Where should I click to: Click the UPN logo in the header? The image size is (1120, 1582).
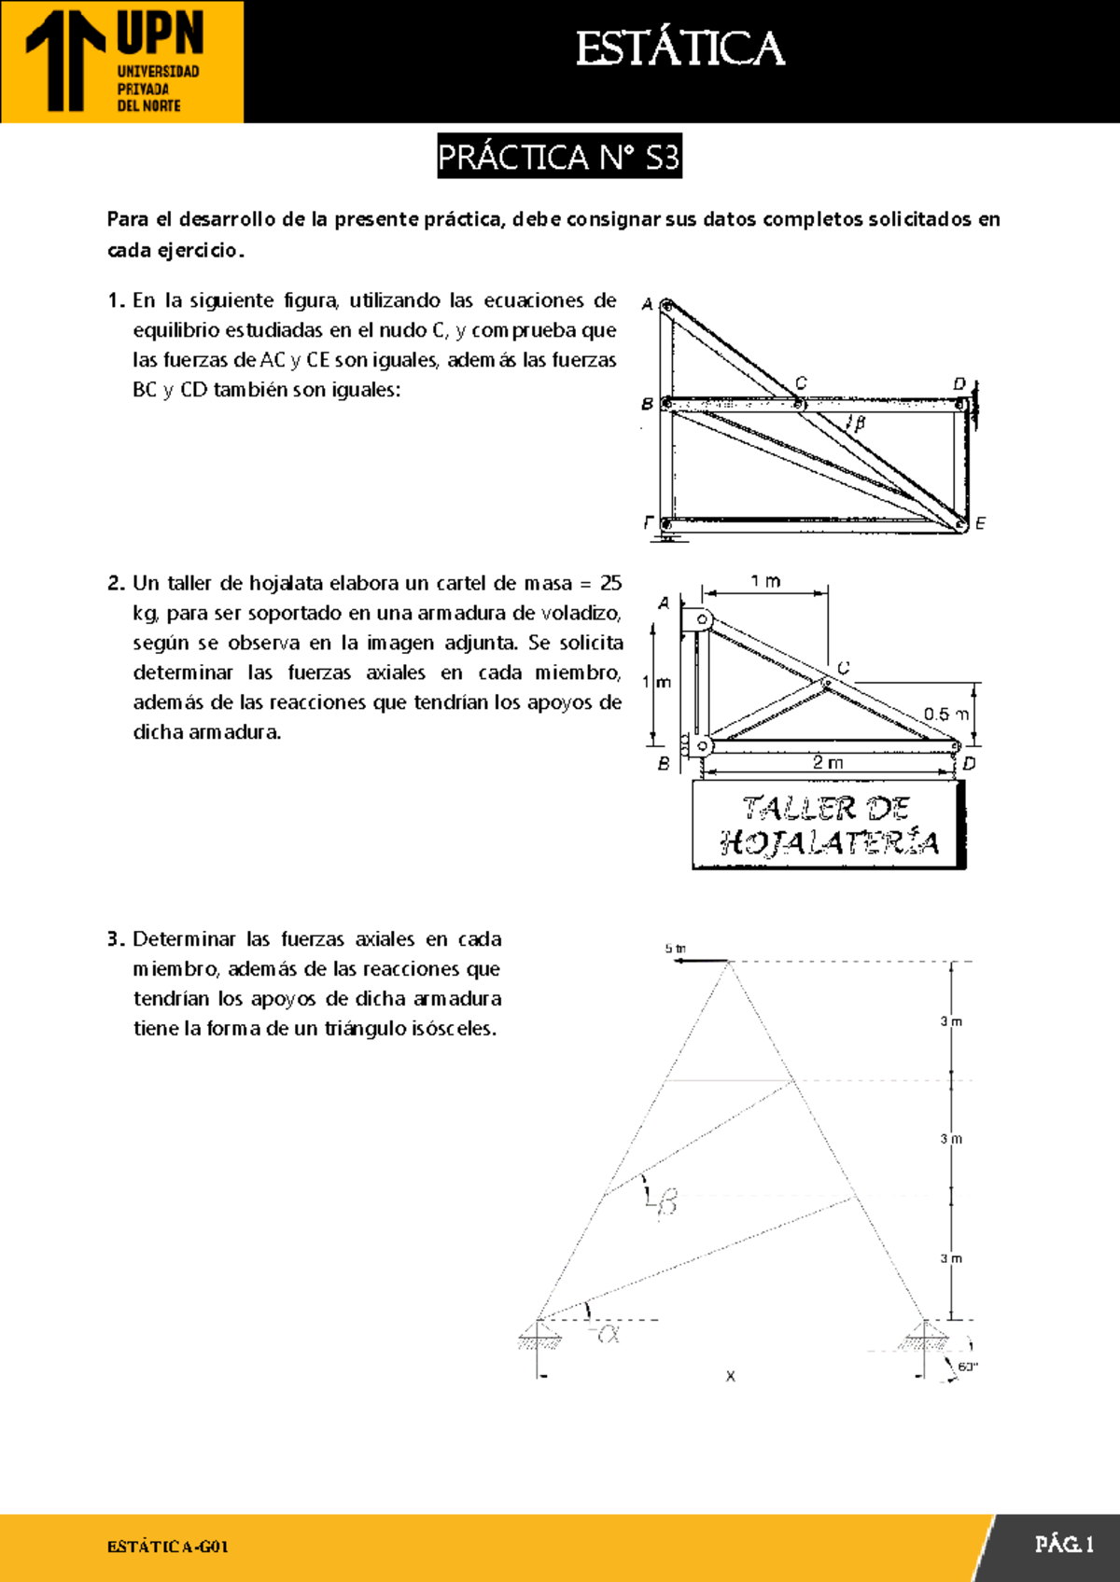pos(121,62)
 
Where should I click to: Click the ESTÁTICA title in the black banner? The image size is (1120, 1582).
pos(679,49)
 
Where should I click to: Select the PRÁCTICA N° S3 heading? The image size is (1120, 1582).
pos(559,157)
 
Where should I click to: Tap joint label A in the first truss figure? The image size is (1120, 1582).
pos(647,304)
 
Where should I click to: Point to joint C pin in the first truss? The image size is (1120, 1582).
pos(799,404)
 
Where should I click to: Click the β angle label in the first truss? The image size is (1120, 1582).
pos(859,423)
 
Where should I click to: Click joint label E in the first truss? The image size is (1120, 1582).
pos(980,524)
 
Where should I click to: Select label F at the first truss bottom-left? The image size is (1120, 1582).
pos(648,522)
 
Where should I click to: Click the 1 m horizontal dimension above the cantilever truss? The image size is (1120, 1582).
pos(765,581)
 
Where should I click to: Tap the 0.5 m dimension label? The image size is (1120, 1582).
pos(945,715)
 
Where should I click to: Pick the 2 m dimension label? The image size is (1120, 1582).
pos(828,762)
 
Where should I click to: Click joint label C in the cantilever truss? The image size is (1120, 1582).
pos(843,668)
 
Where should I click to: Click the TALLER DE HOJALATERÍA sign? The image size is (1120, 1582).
pos(829,826)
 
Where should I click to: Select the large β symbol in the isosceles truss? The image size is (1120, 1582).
pos(665,1202)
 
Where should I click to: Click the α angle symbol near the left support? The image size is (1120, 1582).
pos(609,1334)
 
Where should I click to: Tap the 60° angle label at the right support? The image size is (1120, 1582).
pos(967,1367)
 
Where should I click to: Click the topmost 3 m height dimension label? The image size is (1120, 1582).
pos(951,1021)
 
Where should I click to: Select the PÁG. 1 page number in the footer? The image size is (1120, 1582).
pos(1063,1545)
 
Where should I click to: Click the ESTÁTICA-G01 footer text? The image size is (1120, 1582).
pos(168,1547)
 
